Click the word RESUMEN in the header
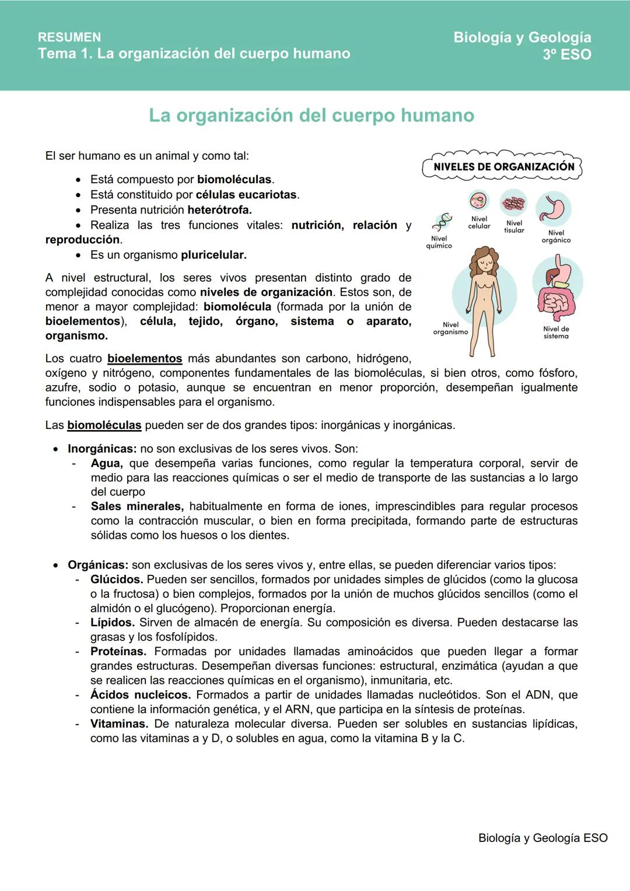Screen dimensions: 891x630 (69, 37)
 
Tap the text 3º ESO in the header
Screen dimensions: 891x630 (566, 55)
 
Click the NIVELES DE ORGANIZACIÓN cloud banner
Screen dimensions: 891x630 (503, 166)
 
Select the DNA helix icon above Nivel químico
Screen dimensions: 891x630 (443, 222)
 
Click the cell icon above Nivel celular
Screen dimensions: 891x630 (478, 201)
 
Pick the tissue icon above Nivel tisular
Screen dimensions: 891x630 (514, 204)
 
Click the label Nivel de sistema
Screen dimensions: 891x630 (556, 333)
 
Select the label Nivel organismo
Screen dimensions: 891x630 (450, 329)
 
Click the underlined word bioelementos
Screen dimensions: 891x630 (145, 359)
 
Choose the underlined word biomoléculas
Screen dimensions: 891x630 (104, 425)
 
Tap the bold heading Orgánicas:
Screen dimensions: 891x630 (97, 565)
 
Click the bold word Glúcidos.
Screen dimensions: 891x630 (117, 579)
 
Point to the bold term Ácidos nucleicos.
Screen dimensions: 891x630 (141, 695)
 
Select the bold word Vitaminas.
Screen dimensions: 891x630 (119, 724)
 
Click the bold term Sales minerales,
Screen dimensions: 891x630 (137, 506)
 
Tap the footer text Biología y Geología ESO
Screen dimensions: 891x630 (542, 838)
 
